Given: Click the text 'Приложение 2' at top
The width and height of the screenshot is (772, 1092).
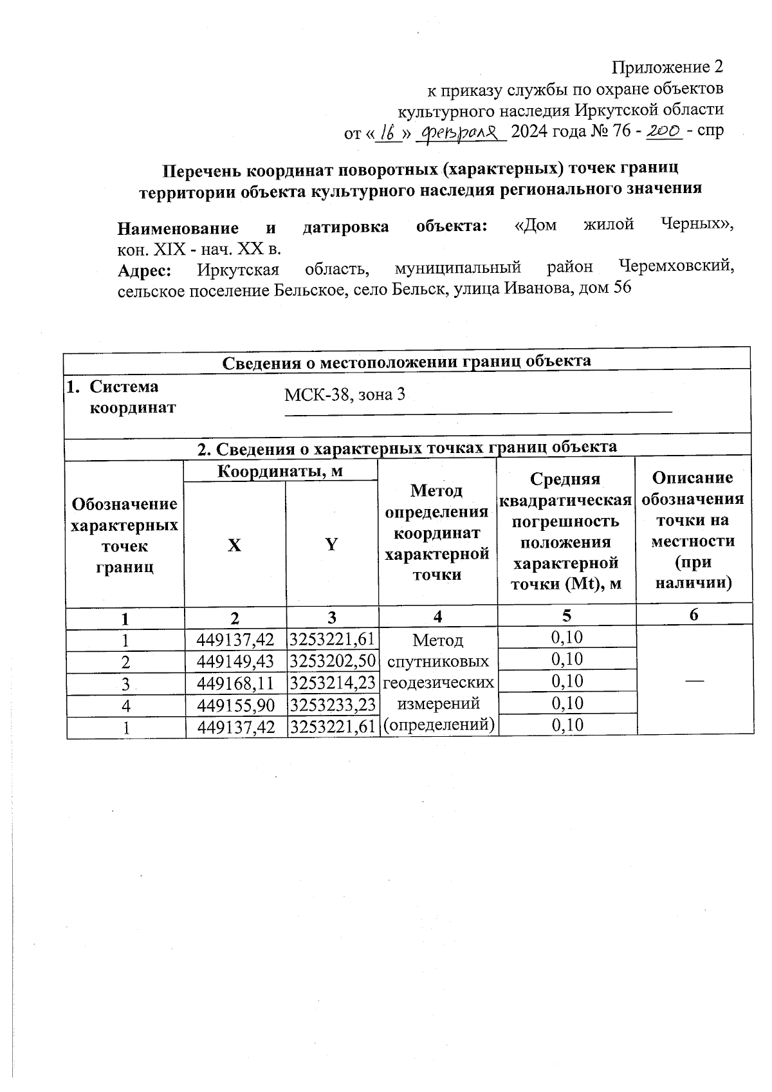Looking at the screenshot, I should tap(667, 67).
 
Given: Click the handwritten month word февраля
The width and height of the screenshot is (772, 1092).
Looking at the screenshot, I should tap(461, 132).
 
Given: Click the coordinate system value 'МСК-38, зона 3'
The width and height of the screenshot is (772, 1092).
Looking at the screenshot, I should tap(345, 394).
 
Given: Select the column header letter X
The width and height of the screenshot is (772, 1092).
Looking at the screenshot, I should tap(235, 545).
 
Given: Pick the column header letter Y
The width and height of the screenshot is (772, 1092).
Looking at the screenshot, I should tap(331, 545).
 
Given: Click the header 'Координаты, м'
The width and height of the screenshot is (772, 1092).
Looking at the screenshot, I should tap(280, 471).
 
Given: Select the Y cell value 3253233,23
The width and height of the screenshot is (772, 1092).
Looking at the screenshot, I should tap(332, 705).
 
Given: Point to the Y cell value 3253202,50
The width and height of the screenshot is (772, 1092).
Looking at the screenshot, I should tap(332, 662).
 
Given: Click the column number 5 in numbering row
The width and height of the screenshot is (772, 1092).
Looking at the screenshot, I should tap(566, 616).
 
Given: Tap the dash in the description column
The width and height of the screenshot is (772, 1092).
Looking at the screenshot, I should tap(694, 680).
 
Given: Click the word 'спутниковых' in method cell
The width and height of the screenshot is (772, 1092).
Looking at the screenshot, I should tap(438, 662).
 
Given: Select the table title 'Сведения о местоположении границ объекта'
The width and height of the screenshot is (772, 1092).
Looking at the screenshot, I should tap(407, 361).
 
